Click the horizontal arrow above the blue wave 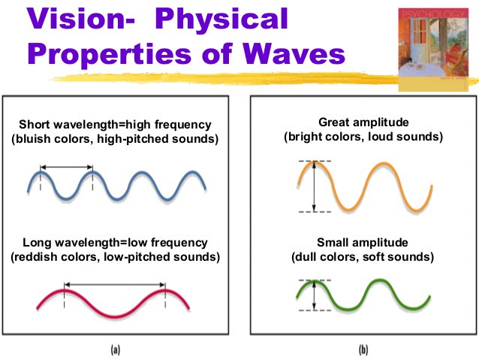pos(65,166)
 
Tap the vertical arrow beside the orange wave pos(313,186)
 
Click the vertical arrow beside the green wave pos(313,295)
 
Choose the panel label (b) pos(363,348)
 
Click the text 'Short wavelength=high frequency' pos(115,124)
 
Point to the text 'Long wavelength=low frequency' pos(115,243)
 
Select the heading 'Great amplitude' pos(363,122)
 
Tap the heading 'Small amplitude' pos(363,242)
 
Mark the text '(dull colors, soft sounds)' pos(363,256)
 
